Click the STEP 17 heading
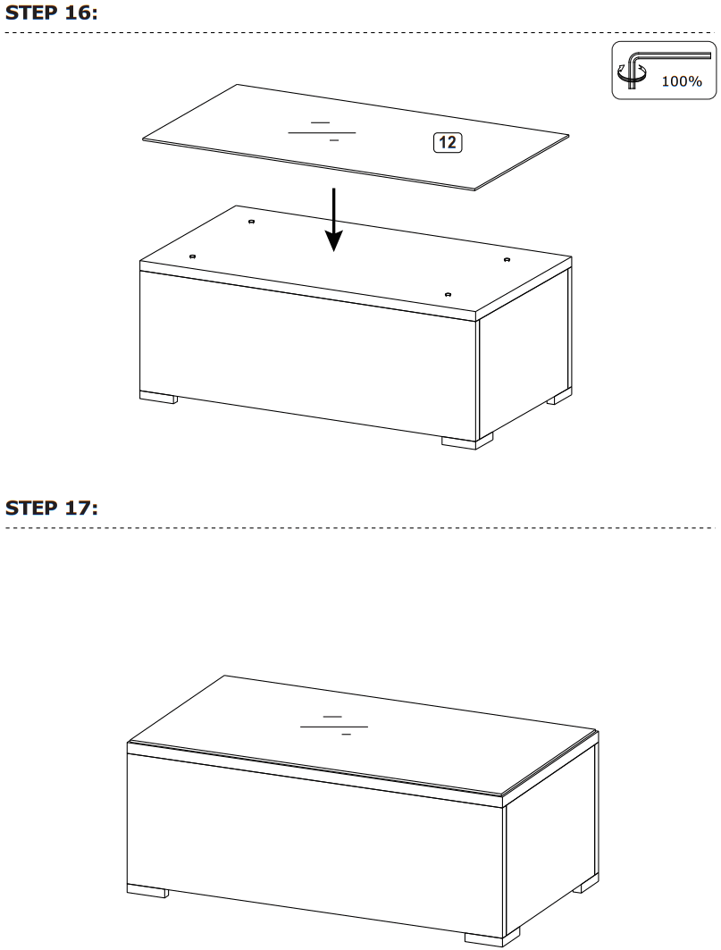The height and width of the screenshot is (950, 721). [x=51, y=508]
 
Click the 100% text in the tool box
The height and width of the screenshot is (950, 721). [x=682, y=81]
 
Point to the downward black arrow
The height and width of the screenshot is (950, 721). [x=333, y=220]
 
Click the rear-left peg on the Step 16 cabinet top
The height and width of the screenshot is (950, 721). [x=251, y=221]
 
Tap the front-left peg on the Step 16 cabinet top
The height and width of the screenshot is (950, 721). [x=192, y=256]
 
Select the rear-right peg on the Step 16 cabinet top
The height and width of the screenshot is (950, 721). [x=507, y=259]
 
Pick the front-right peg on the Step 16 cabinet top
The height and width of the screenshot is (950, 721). [x=448, y=294]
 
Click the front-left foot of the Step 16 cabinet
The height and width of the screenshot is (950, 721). [x=158, y=397]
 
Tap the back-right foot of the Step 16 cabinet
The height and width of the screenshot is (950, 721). [x=560, y=399]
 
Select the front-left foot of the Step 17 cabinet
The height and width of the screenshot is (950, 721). [x=147, y=891]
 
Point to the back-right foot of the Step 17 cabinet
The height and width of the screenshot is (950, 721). [x=586, y=887]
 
